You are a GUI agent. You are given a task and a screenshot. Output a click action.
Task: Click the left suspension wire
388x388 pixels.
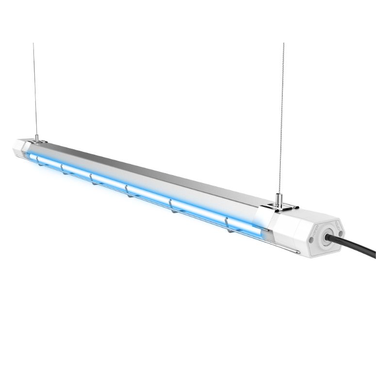[x=34, y=87]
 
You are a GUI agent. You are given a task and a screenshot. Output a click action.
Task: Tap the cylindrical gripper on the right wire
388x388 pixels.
[x=278, y=198]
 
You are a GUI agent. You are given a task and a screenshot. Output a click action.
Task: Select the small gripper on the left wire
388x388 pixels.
[x=36, y=138]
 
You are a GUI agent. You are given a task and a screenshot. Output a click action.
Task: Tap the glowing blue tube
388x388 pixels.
[x=145, y=192]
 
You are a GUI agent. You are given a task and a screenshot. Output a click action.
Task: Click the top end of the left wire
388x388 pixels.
[x=33, y=44]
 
